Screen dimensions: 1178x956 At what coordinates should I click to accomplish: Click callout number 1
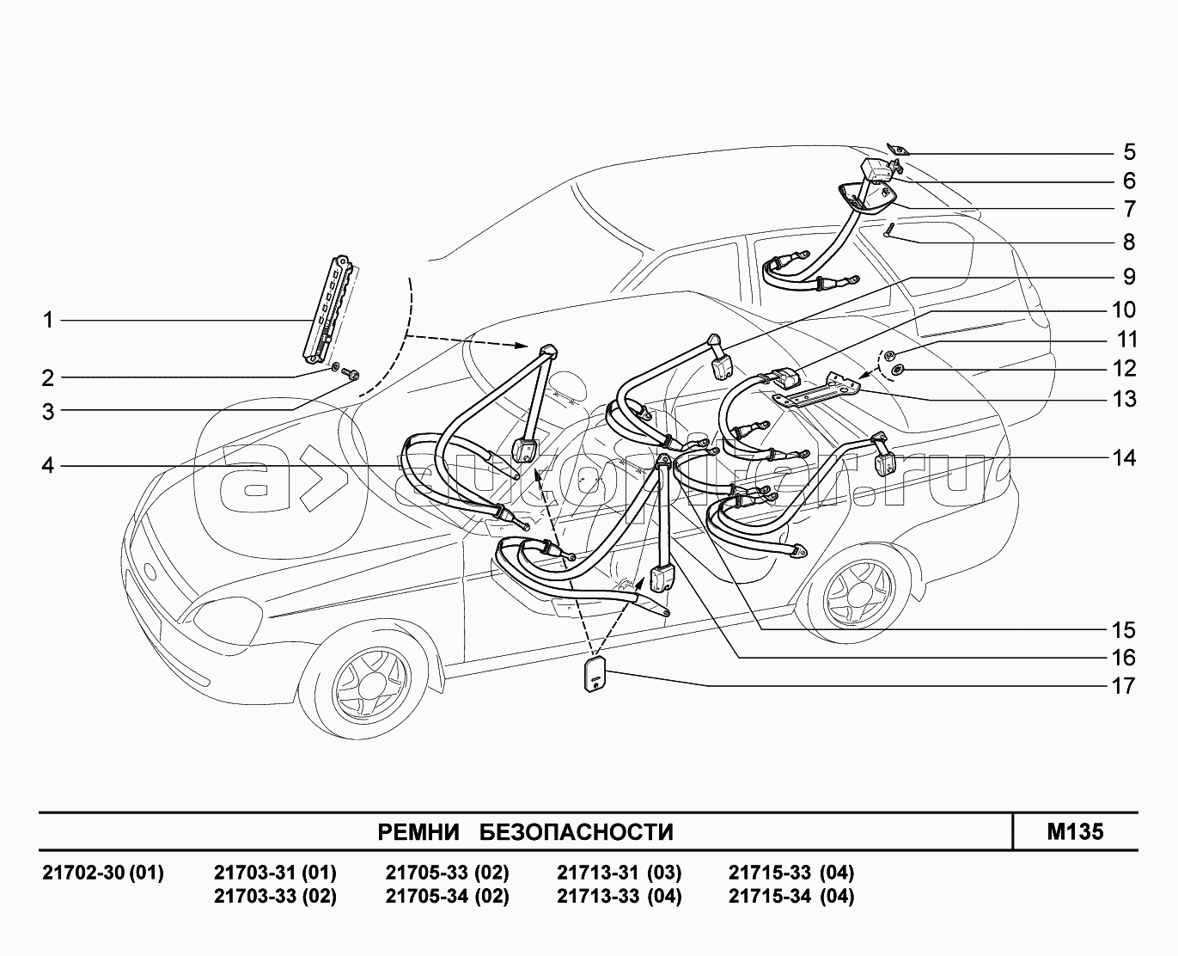point(48,321)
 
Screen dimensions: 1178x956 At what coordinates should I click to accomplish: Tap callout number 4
point(48,465)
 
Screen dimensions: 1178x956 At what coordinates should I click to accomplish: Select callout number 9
point(1129,277)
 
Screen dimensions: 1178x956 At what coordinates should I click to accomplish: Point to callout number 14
point(1124,458)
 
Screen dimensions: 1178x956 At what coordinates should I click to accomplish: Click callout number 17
point(1124,686)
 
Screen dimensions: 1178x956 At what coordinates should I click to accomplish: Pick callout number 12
point(1124,369)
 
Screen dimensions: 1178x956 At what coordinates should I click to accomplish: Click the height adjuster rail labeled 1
point(328,309)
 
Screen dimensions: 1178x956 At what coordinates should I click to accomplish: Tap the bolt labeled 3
point(351,374)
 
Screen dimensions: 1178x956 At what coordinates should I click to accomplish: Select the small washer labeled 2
point(334,366)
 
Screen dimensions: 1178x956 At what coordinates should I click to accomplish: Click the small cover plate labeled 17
point(595,674)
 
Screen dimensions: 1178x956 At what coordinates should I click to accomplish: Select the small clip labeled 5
point(898,150)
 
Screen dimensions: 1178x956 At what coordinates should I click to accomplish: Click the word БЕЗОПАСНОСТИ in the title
point(577,832)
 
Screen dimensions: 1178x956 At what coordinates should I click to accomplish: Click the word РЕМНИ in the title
point(418,832)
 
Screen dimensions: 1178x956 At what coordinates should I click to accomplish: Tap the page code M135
point(1075,832)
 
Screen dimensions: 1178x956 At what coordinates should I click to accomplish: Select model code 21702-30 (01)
point(103,873)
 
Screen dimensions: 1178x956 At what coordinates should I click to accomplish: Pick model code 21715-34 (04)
point(791,896)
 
